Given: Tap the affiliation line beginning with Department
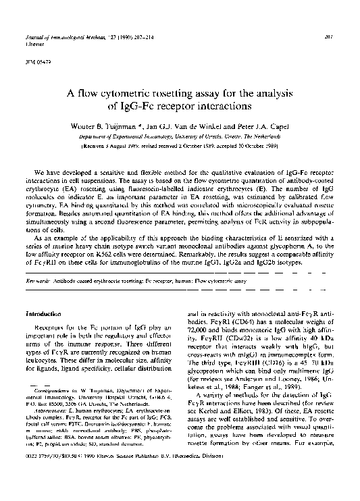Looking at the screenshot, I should (x=180, y=136).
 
